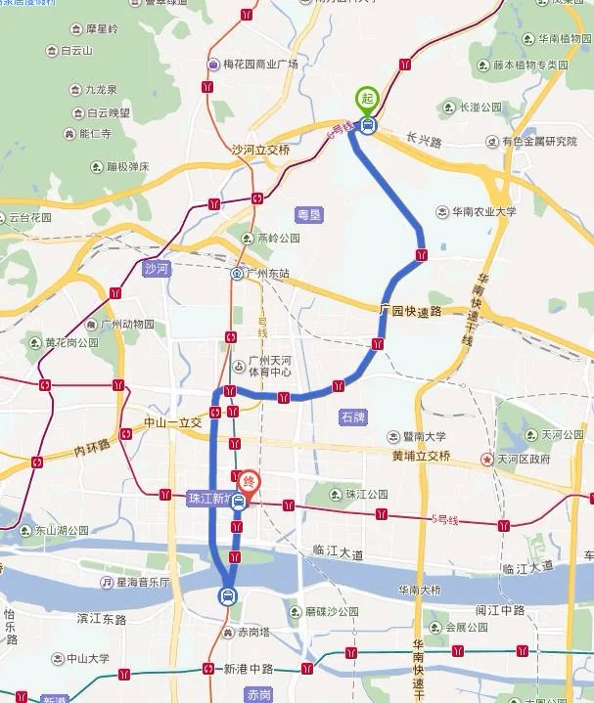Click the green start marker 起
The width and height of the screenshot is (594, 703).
[367, 98]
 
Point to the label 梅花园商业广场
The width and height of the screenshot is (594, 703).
[257, 65]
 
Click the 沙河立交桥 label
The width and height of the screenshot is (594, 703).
[260, 150]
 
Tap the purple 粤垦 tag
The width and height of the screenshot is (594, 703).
[308, 212]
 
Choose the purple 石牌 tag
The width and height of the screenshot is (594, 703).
[352, 417]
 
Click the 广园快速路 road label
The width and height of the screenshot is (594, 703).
[410, 311]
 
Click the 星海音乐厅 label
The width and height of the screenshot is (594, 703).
[141, 583]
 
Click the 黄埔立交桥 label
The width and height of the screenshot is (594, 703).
[421, 456]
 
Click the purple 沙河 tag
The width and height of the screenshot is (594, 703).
[157, 267]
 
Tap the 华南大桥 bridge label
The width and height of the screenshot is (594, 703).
[422, 590]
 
